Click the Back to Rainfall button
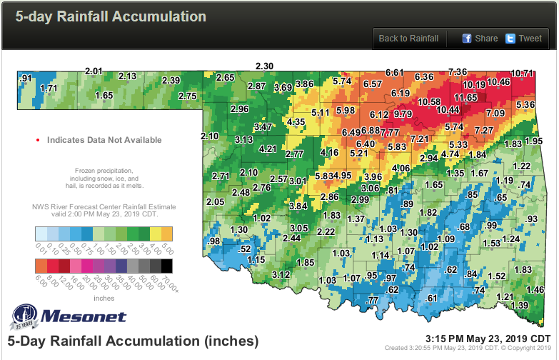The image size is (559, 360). [409, 39]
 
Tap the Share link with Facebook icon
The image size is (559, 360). [480, 39]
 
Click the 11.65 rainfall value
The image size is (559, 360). [465, 97]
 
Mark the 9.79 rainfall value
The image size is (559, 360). [403, 114]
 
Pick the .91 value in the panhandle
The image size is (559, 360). [27, 78]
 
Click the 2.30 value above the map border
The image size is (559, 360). [265, 66]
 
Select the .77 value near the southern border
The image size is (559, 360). [372, 301]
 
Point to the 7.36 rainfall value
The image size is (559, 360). [458, 71]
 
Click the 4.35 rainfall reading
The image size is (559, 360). [296, 123]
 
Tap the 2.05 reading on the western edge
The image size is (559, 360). [215, 201]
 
